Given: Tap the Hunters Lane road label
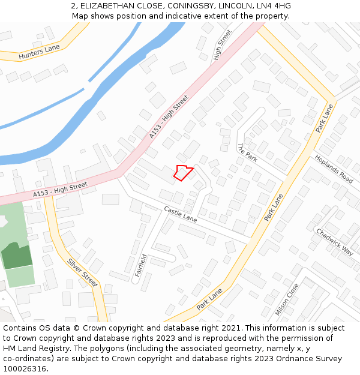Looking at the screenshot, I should pyautogui.click(x=40, y=52).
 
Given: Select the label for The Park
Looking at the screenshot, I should pyautogui.click(x=247, y=152).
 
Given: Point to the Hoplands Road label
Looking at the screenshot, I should pyautogui.click(x=334, y=168).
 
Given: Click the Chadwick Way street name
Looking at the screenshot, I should pyautogui.click(x=335, y=242).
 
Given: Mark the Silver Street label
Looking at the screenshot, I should pyautogui.click(x=83, y=272).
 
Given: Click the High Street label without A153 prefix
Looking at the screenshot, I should pyautogui.click(x=222, y=46).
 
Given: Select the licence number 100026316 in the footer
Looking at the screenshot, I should pyautogui.click(x=25, y=368).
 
